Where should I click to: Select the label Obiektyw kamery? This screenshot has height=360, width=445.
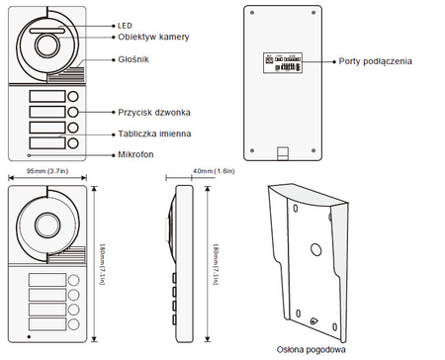[x=152, y=37]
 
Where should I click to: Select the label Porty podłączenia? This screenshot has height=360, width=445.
[x=375, y=61]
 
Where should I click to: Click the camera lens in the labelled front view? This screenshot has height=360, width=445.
[x=48, y=44]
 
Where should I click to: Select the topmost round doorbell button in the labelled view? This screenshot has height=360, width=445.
[x=73, y=97]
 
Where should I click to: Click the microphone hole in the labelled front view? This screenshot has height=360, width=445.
[x=30, y=155]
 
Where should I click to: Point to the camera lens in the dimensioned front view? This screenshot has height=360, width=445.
[x=48, y=226]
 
